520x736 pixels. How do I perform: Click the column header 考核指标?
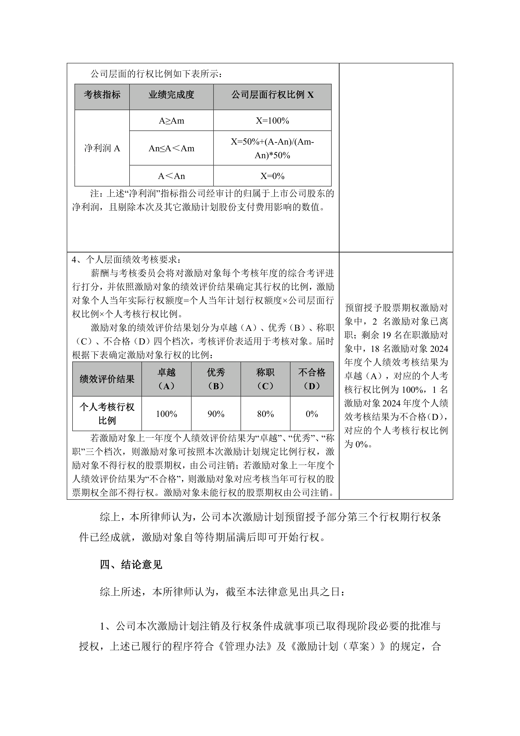pos(102,95)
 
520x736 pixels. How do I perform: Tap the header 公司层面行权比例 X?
pos(272,95)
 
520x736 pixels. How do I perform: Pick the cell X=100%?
pos(272,121)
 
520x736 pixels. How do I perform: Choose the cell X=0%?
pos(272,176)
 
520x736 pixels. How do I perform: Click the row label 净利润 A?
pos(102,148)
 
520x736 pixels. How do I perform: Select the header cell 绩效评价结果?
pos(107,379)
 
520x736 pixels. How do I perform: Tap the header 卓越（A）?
pos(166,379)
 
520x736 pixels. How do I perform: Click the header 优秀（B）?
pos(216,379)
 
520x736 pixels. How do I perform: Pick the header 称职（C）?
pos(265,379)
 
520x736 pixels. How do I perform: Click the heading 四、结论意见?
pos(131,565)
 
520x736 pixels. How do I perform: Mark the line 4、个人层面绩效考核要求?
pos(126,259)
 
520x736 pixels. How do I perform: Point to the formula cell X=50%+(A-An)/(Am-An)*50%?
pos(272,148)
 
